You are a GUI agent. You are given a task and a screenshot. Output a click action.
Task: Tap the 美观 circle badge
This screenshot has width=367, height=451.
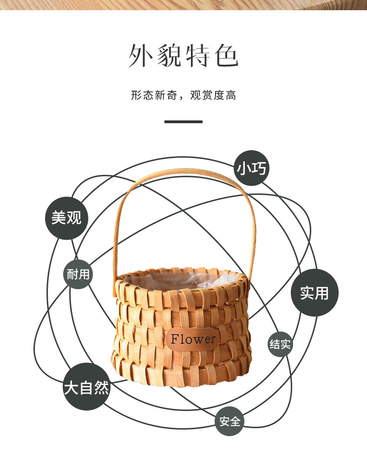click(x=66, y=217)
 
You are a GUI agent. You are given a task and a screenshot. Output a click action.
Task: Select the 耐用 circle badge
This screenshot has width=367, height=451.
click(x=78, y=274)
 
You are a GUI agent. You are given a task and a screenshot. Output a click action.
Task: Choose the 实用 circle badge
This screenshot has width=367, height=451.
click(x=315, y=293)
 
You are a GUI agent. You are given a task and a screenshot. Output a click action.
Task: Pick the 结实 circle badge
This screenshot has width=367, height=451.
click(x=280, y=344)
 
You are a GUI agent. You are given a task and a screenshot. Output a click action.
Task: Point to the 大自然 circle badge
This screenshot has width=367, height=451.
click(x=86, y=387)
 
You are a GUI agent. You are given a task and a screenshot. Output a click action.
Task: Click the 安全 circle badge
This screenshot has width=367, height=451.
click(x=229, y=422)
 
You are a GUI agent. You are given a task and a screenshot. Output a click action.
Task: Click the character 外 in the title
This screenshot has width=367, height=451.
click(x=141, y=56)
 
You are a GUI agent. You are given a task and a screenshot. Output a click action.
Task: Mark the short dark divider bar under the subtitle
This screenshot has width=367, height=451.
click(x=183, y=122)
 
